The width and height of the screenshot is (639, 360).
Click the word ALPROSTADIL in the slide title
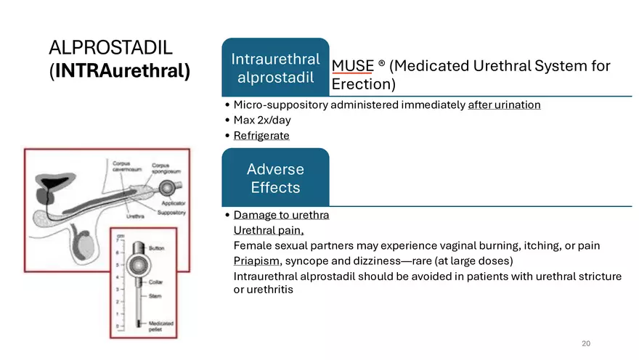pyautogui.click(x=110, y=49)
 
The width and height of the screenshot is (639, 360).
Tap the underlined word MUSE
pyautogui.click(x=351, y=66)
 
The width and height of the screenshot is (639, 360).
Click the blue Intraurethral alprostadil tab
pyautogui.click(x=275, y=68)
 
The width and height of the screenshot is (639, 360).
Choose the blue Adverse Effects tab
pyautogui.click(x=275, y=179)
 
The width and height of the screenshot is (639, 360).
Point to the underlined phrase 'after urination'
pyautogui.click(x=504, y=105)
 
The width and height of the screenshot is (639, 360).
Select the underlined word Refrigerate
pyautogui.click(x=261, y=136)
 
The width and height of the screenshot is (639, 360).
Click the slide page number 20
pyautogui.click(x=586, y=343)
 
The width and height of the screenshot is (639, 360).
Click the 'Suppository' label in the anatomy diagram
pyautogui.click(x=171, y=213)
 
